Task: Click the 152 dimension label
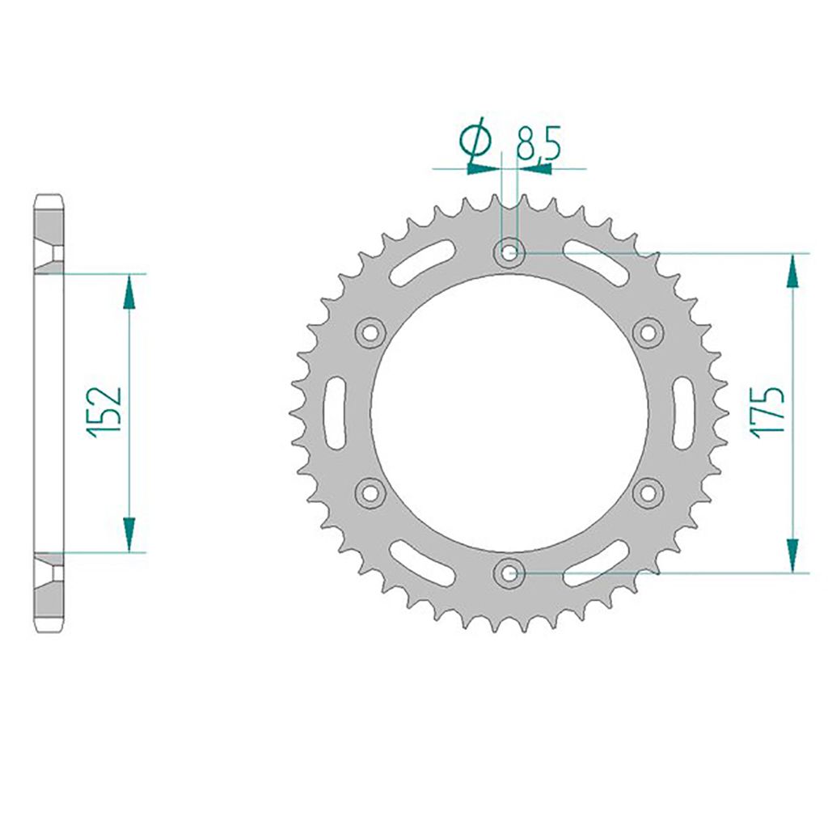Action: (x=104, y=412)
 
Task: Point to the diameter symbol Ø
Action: (x=475, y=142)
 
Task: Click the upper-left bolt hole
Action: (x=370, y=332)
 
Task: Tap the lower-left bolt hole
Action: (x=370, y=492)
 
